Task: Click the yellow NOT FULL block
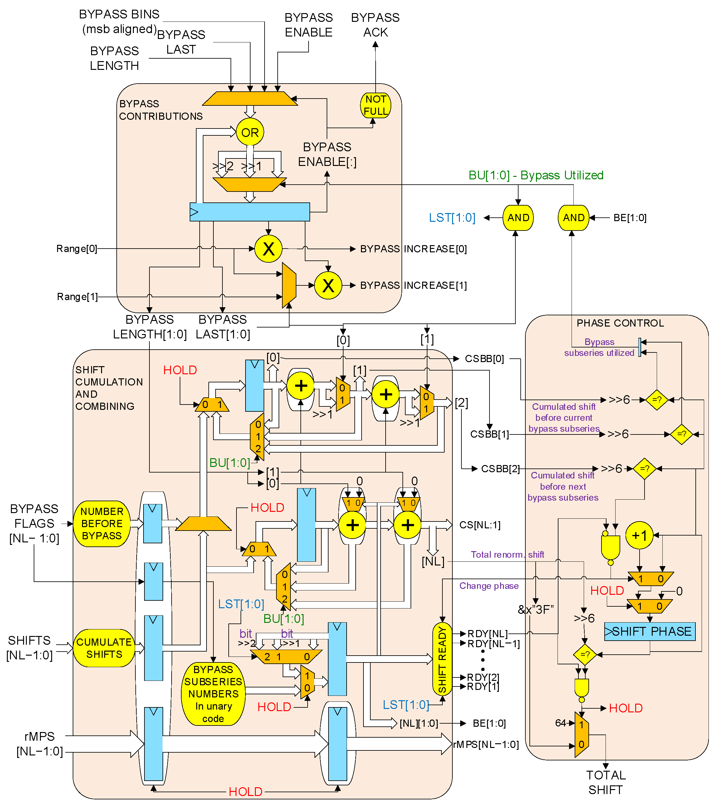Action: point(375,105)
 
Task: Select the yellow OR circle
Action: point(250,132)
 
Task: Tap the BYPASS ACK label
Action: point(375,25)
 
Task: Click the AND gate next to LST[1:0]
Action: point(518,218)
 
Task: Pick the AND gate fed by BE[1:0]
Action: point(573,218)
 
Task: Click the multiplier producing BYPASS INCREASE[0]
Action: point(268,249)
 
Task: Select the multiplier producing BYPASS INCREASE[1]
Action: point(328,285)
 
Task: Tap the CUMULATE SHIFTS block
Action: point(104,648)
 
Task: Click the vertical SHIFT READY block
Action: point(442,659)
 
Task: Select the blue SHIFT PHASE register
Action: point(650,631)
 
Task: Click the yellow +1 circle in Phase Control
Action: point(639,536)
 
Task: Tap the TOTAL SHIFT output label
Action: point(605,782)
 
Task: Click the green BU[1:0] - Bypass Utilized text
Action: point(536,175)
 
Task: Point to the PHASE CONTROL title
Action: point(620,323)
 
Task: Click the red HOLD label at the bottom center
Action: point(246,792)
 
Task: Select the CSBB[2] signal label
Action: point(500,469)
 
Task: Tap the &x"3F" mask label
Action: point(535,609)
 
